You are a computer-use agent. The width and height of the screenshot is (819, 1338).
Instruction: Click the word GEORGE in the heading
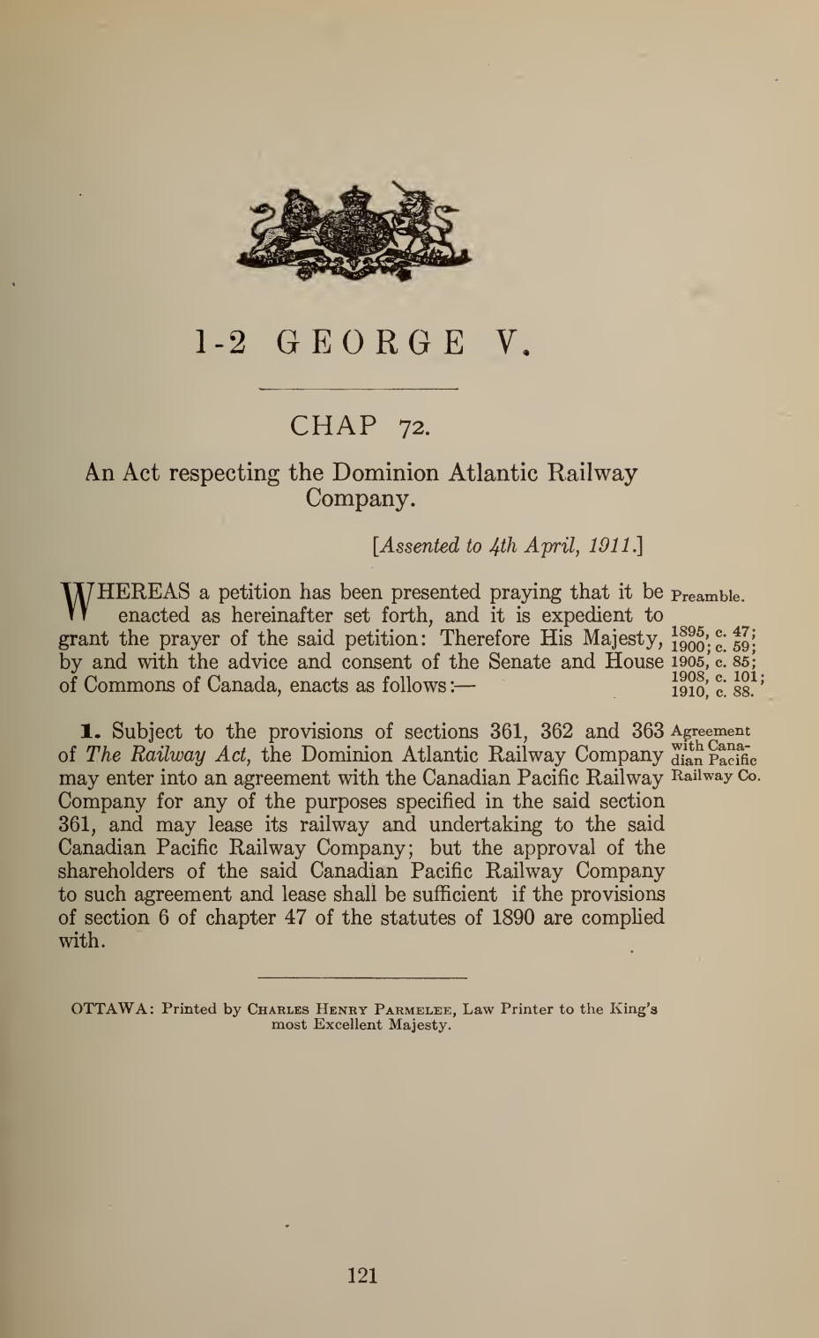pyautogui.click(x=371, y=342)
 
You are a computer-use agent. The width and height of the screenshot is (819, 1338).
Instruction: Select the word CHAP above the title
pyautogui.click(x=333, y=426)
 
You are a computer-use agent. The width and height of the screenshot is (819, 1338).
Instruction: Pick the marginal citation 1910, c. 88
pyautogui.click(x=710, y=692)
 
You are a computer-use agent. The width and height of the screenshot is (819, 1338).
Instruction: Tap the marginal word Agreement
pyautogui.click(x=711, y=730)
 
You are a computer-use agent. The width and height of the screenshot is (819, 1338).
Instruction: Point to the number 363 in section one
pyautogui.click(x=647, y=732)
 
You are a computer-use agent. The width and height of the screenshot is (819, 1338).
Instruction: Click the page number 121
pyautogui.click(x=362, y=1275)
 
